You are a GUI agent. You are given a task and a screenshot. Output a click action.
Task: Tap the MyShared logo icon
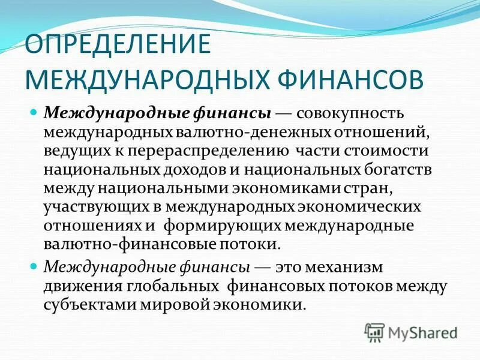point(375,330)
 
